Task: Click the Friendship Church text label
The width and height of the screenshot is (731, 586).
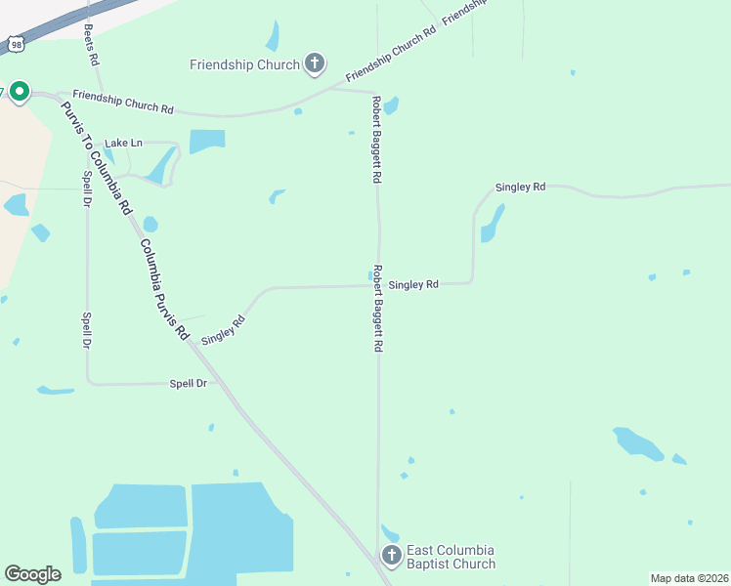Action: click(x=244, y=65)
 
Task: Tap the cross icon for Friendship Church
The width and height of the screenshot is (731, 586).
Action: click(x=314, y=65)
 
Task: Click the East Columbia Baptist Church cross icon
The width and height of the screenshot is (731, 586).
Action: click(x=392, y=557)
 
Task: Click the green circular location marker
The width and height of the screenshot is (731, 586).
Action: click(x=19, y=93)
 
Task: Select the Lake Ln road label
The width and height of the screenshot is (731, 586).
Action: click(x=123, y=144)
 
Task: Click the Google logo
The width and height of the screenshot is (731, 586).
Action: click(x=32, y=573)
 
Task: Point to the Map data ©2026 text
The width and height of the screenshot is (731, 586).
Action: click(x=688, y=578)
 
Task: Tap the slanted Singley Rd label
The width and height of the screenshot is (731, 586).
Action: click(x=223, y=329)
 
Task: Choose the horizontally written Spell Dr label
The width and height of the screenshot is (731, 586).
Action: click(x=189, y=384)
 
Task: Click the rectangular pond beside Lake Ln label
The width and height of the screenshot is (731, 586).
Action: click(x=206, y=142)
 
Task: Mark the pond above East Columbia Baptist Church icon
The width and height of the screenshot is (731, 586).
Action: click(x=390, y=533)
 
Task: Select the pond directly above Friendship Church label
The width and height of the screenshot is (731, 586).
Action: click(x=273, y=37)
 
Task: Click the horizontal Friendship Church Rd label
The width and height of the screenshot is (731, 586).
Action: click(x=123, y=101)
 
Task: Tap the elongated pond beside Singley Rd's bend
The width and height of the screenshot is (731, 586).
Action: click(x=492, y=224)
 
